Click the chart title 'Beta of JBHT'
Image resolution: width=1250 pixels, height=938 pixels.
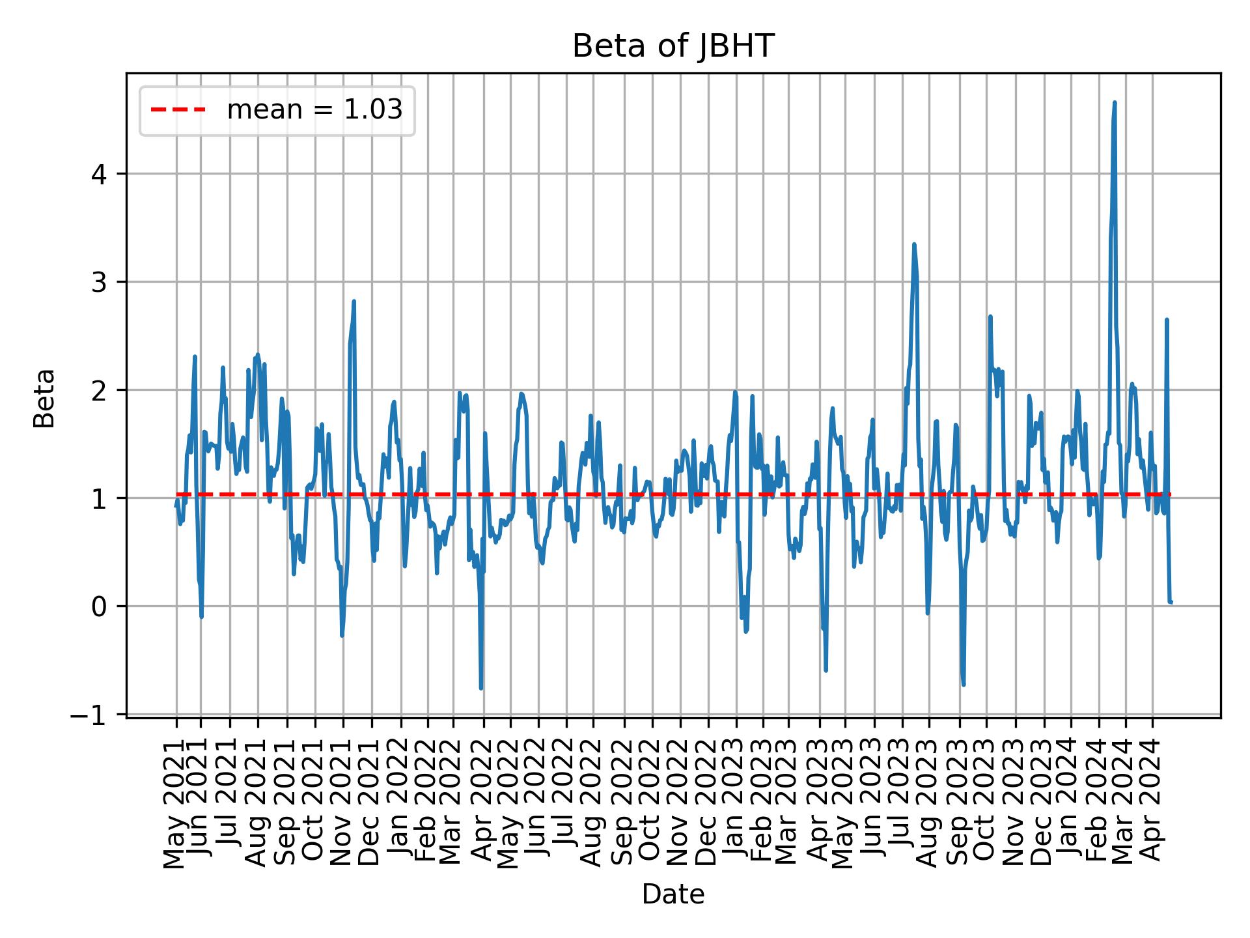click(x=673, y=47)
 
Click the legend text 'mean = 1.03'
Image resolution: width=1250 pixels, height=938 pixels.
click(x=314, y=110)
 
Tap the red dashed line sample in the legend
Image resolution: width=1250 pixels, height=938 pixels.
click(x=178, y=110)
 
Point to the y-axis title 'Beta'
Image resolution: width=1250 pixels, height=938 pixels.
click(x=44, y=398)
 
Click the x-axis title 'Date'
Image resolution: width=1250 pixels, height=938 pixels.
click(x=673, y=894)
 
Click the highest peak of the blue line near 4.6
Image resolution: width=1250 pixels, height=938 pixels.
click(x=1115, y=103)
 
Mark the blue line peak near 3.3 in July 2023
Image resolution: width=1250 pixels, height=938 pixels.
click(x=914, y=245)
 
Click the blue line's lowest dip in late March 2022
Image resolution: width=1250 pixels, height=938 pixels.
click(x=481, y=687)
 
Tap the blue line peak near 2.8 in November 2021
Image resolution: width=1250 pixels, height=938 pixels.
click(x=354, y=302)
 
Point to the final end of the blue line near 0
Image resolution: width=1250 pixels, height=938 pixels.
click(x=1171, y=602)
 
